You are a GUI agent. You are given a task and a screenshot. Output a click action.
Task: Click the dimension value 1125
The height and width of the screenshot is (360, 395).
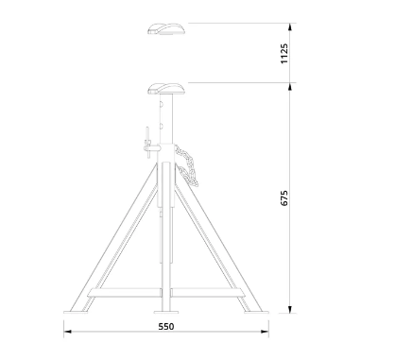[284, 54]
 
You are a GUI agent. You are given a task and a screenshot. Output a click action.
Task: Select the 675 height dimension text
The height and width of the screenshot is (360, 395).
[284, 197]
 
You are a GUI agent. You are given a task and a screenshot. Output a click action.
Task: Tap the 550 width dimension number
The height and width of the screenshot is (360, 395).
[166, 327]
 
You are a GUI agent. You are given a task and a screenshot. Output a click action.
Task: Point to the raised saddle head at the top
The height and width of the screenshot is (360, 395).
[166, 29]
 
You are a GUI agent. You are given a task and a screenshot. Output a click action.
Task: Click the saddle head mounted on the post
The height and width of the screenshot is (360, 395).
[166, 89]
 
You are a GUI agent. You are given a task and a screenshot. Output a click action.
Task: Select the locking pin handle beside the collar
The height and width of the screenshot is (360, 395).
[147, 143]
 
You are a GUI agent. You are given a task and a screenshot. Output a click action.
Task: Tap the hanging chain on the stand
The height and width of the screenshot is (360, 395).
[186, 164]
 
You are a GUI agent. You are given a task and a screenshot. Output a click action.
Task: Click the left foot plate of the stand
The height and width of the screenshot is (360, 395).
[76, 313]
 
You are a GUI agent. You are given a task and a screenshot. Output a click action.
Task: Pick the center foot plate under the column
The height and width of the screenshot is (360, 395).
[166, 313]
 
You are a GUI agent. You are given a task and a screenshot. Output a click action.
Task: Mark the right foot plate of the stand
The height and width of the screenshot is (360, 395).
[256, 313]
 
